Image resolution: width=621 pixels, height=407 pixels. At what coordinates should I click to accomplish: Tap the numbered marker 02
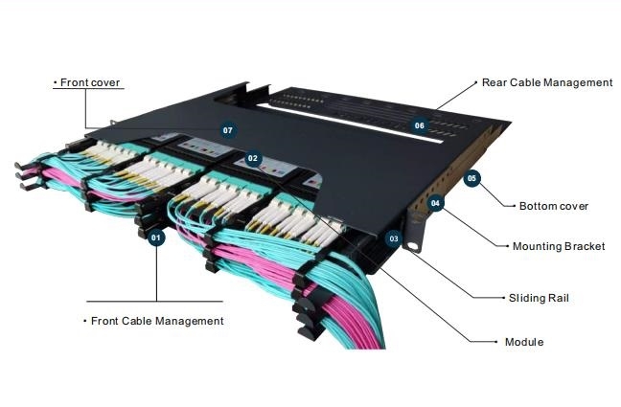coord(253,158)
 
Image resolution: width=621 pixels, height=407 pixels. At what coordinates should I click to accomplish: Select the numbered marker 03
coord(393,238)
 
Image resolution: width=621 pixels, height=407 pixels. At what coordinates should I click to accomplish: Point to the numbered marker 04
coord(436,203)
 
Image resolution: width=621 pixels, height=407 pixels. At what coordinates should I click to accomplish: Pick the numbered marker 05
coord(471,178)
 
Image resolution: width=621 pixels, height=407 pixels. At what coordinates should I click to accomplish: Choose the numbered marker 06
coord(419,125)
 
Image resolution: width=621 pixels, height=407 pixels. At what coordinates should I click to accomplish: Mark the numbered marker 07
coord(227,129)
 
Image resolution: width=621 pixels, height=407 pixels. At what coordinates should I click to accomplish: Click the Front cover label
coord(89,83)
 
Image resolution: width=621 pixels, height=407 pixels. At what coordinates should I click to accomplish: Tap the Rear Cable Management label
coord(547,83)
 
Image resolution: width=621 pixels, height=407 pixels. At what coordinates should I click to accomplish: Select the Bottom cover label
coord(553,206)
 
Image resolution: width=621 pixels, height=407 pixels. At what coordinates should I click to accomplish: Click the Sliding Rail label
coord(538,298)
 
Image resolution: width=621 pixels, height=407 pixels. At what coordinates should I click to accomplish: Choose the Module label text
coord(524,342)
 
